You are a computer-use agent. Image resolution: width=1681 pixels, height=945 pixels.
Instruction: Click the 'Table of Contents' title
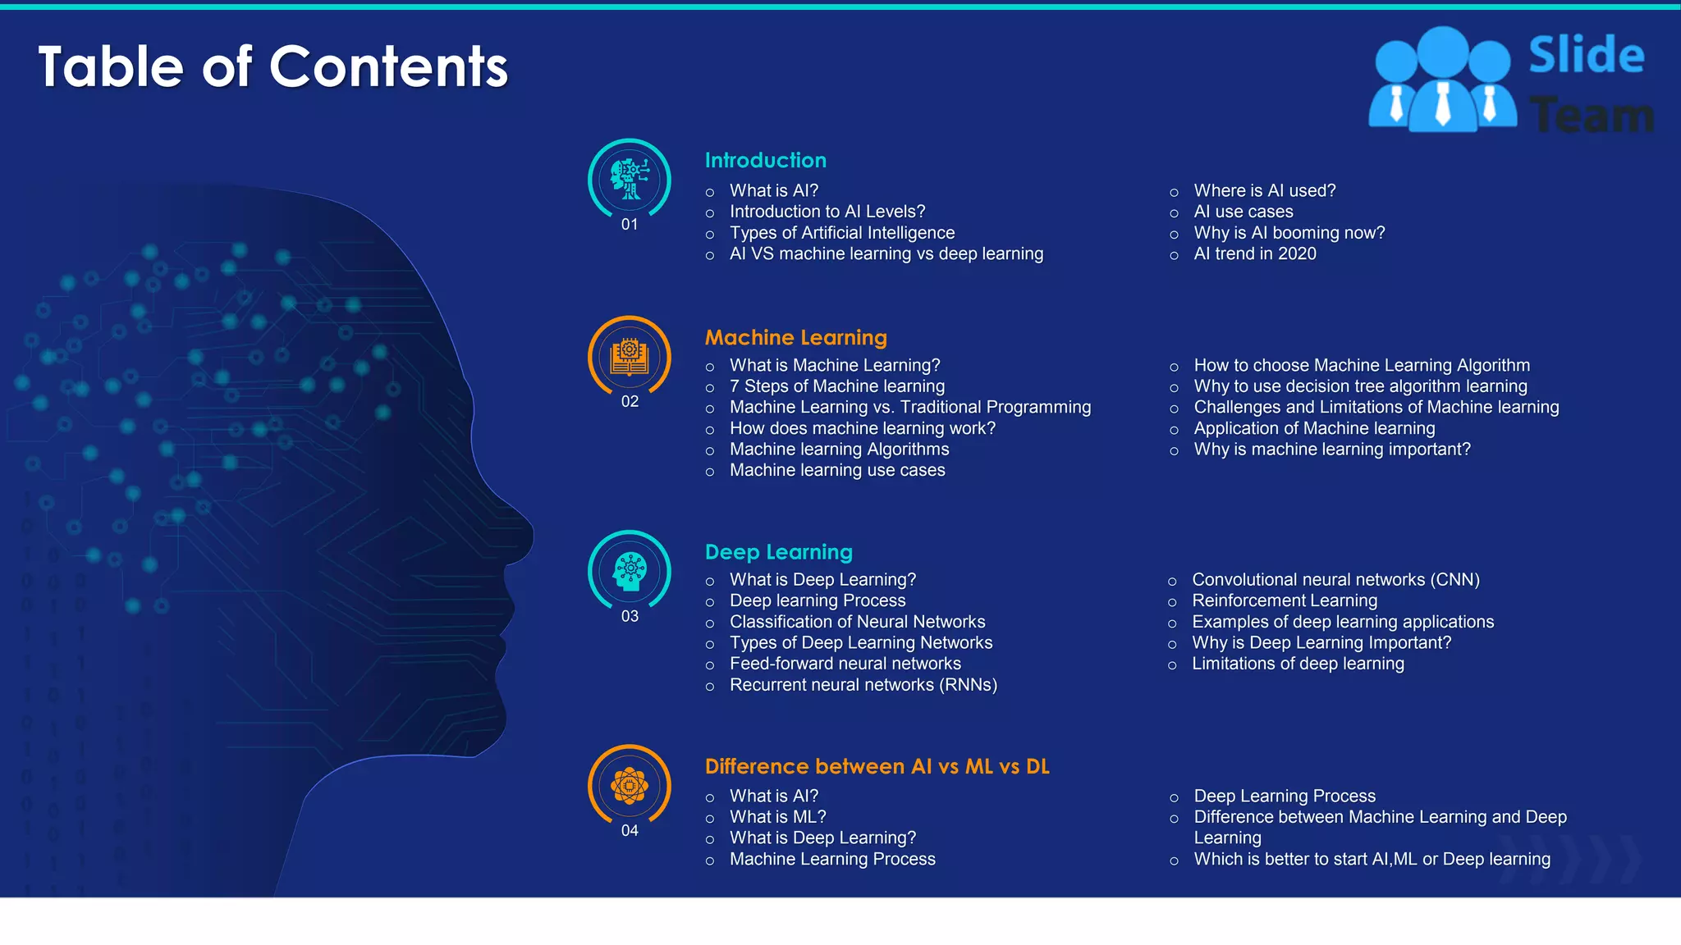coord(273,66)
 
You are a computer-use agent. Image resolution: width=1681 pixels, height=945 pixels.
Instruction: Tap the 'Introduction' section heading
coord(765,161)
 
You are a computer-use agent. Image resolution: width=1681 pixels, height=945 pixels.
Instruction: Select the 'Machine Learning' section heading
coord(795,338)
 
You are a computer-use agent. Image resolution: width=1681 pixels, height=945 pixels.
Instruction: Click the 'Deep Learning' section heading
coord(778,552)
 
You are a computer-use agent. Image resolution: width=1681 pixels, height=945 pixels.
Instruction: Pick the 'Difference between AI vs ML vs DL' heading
coord(877,767)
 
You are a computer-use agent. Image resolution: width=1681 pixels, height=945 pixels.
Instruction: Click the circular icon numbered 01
coord(630,179)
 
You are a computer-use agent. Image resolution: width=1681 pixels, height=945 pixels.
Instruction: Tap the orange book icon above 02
coord(630,356)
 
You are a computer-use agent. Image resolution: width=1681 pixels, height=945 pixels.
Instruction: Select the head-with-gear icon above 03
coord(630,571)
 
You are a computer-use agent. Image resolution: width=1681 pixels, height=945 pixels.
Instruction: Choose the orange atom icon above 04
coord(630,786)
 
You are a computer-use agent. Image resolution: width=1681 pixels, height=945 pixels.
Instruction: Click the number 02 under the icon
coord(630,402)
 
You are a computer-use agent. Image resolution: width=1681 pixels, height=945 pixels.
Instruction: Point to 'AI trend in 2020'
coord(1254,254)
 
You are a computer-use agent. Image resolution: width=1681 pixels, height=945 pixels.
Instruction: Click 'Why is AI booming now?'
coord(1289,233)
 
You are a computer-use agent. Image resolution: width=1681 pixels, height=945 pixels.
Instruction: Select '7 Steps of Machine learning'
coord(836,386)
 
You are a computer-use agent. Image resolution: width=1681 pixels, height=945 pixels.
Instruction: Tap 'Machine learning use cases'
coord(836,471)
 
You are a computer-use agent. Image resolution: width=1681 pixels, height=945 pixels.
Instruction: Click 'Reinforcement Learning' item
coord(1284,601)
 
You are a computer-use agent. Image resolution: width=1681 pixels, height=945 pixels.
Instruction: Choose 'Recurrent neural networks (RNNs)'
coord(863,685)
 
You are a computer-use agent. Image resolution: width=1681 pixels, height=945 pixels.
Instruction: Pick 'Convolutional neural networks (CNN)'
coord(1335,580)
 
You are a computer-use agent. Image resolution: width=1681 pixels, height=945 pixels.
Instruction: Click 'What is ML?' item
coord(777,817)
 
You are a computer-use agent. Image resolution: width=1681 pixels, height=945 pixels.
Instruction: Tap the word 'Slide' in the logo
coord(1586,56)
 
